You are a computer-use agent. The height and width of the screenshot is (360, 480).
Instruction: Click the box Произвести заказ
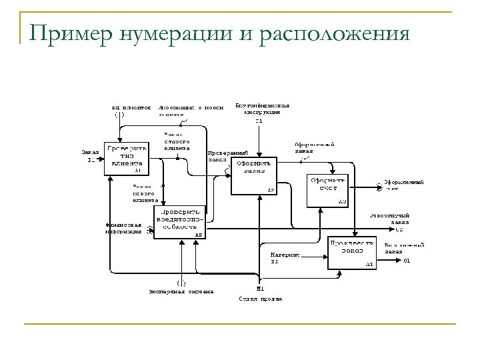pos(350,252)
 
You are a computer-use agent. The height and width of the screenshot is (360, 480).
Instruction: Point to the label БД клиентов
pos(130,107)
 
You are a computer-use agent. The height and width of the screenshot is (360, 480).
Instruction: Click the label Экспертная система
pos(181,291)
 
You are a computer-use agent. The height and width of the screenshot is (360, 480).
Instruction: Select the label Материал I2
pos(285,257)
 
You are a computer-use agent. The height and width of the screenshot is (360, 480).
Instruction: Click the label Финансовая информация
pos(123,229)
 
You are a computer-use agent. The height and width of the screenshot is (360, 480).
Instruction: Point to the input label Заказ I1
pos(90,155)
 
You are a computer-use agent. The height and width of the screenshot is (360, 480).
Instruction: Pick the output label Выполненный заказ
pos(403,248)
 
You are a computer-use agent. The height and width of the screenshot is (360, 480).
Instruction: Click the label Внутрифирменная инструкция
pos(262,109)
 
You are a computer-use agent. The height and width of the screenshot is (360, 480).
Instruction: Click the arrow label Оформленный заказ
pos(314,147)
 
